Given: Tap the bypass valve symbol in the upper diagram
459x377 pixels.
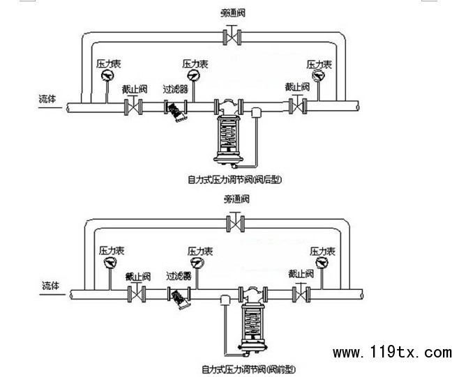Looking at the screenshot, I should point(229,36).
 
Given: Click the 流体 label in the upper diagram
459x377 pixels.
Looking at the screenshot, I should point(48,99).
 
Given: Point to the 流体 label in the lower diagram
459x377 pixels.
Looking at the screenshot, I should point(50,286).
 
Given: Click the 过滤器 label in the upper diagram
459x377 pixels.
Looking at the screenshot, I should point(175,89).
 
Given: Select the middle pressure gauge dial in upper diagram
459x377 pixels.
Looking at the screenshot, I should point(194,75).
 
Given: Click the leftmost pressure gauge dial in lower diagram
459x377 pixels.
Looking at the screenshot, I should point(110,262).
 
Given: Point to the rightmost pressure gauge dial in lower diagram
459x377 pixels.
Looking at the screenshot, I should point(322,262).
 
